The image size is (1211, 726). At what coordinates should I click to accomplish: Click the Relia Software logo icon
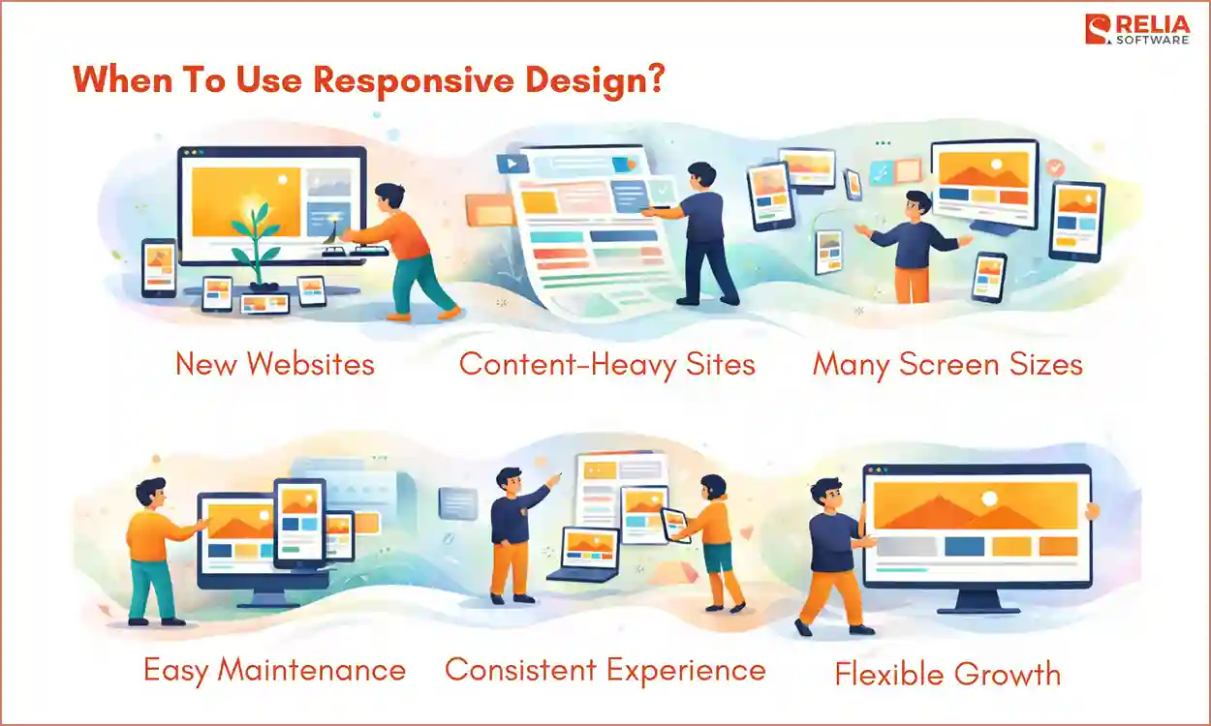pyautogui.click(x=1099, y=29)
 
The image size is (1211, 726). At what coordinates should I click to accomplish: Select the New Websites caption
pyautogui.click(x=274, y=364)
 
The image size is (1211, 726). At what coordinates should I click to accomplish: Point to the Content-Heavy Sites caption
pyautogui.click(x=606, y=364)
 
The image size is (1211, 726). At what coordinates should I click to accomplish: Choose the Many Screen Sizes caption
pyautogui.click(x=947, y=364)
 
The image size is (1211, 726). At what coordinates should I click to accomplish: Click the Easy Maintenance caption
pyautogui.click(x=274, y=669)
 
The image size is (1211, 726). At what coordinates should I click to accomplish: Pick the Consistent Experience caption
pyautogui.click(x=605, y=669)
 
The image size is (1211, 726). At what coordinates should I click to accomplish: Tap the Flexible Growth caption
pyautogui.click(x=947, y=673)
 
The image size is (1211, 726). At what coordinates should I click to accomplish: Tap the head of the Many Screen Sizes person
pyautogui.click(x=917, y=205)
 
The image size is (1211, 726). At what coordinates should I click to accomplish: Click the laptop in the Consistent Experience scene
pyautogui.click(x=584, y=555)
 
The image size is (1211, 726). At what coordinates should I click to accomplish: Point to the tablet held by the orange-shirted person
pyautogui.click(x=675, y=524)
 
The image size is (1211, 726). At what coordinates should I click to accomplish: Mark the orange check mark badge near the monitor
pyautogui.click(x=1055, y=168)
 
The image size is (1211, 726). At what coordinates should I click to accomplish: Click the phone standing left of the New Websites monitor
pyautogui.click(x=159, y=267)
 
